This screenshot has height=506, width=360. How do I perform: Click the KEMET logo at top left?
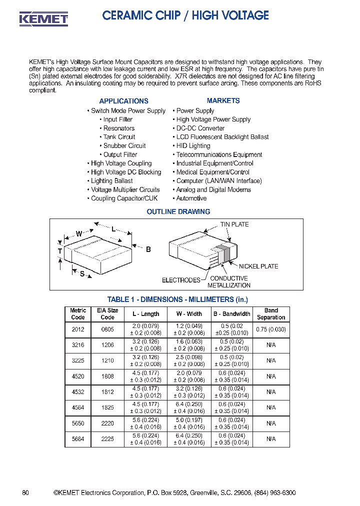coord(43,19)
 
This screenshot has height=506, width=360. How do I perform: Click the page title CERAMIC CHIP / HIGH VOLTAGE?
coord(185,16)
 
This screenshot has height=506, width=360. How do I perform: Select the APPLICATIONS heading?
coord(123,101)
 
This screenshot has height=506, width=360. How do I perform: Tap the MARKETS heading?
coord(223,100)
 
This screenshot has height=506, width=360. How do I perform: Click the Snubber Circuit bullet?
coord(124,145)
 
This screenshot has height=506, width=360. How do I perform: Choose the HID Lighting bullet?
coord(193,145)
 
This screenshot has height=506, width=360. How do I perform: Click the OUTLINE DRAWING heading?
coord(178,211)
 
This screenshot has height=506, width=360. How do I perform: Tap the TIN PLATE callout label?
coord(234,224)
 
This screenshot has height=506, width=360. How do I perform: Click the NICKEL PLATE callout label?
coord(258,266)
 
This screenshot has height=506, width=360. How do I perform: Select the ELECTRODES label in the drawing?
coord(181,280)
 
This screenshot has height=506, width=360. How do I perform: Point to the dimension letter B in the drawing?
coord(148,249)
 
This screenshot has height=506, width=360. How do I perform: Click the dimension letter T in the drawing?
coord(60,251)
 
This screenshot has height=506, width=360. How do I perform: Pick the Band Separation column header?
coord(271,314)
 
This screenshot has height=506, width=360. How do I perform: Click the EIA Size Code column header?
coord(107,314)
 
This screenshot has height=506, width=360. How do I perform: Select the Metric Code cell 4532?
coord(78,392)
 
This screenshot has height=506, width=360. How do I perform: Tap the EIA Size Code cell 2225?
coord(107,439)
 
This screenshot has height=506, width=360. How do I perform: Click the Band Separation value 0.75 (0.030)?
coord(271,329)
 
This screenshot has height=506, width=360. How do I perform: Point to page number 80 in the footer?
coord(25,493)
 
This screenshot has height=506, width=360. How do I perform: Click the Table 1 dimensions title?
coord(177,299)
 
